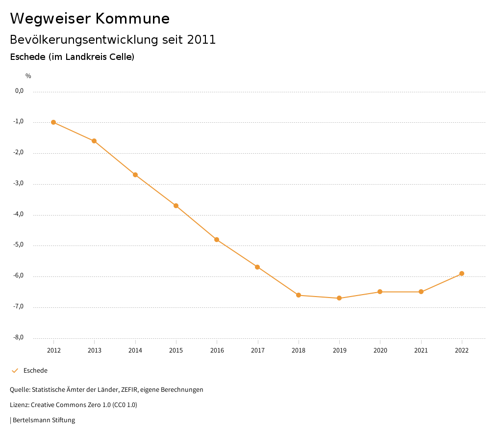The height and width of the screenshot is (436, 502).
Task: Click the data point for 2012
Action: [x=53, y=122]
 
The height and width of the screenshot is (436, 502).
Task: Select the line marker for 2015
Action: [x=176, y=206]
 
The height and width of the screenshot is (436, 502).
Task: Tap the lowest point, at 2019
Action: [x=339, y=298]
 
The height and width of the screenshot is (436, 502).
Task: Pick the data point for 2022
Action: [x=462, y=273]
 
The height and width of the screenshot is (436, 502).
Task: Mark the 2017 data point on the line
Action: [x=257, y=267]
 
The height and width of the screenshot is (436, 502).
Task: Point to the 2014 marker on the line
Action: [x=135, y=175]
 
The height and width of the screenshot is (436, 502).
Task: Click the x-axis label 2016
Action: [x=217, y=350]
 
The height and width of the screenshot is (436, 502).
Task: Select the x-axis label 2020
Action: [x=380, y=350]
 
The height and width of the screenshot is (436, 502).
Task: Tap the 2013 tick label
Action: [x=94, y=350]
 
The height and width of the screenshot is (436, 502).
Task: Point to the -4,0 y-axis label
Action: [x=19, y=215]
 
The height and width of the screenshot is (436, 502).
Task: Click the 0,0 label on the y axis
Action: [x=20, y=91]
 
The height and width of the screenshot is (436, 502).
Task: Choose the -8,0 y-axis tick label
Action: [x=19, y=338]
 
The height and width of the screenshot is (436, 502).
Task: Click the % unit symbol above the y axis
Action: [x=28, y=76]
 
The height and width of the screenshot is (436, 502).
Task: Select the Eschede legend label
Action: [x=35, y=371]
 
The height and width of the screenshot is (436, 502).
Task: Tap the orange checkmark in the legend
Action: [x=15, y=371]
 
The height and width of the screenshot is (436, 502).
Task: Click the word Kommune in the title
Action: [x=132, y=19]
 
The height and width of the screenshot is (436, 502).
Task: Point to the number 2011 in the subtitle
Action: [x=201, y=40]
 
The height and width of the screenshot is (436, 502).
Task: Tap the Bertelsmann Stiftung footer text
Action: [x=44, y=420]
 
